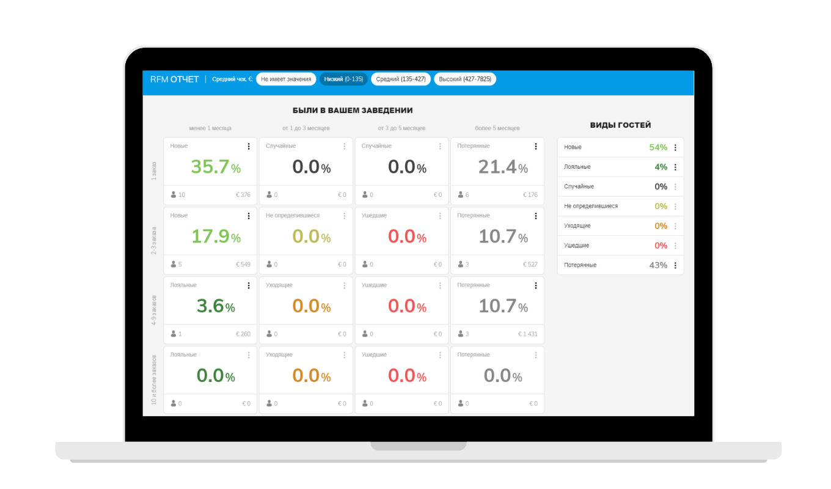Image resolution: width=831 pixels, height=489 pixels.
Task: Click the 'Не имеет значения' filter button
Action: click(x=286, y=79)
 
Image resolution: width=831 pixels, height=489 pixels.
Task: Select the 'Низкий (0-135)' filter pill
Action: click(x=343, y=79)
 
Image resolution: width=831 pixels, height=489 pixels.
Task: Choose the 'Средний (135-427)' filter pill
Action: click(x=401, y=79)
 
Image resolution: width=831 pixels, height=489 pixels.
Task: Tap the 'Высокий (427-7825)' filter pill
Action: click(x=465, y=79)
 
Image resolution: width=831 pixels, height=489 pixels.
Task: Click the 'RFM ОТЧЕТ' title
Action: click(x=174, y=79)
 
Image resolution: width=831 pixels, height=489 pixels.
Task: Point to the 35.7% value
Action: click(x=216, y=167)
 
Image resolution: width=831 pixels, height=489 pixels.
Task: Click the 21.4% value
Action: click(x=503, y=167)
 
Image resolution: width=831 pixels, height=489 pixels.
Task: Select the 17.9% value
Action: click(x=216, y=237)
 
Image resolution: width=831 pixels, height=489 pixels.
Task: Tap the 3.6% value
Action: click(x=216, y=306)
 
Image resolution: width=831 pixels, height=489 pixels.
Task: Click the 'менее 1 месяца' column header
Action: click(x=210, y=128)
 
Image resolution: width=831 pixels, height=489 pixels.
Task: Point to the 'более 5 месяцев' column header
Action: click(x=497, y=128)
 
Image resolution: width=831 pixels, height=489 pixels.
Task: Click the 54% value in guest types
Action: click(x=658, y=147)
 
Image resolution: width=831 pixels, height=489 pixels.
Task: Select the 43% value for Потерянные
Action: click(x=658, y=265)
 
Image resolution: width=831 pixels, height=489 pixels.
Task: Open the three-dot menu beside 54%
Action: click(x=675, y=147)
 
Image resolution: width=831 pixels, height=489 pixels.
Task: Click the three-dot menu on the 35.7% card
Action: click(x=249, y=146)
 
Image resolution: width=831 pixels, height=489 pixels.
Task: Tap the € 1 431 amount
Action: click(x=527, y=334)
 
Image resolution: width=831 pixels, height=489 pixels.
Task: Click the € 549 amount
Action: click(x=243, y=264)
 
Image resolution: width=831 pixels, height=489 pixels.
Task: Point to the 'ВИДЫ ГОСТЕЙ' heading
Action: click(x=620, y=125)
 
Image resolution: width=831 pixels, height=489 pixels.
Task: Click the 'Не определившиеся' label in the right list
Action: click(x=591, y=206)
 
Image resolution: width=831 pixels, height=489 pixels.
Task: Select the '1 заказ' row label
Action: click(x=154, y=171)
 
